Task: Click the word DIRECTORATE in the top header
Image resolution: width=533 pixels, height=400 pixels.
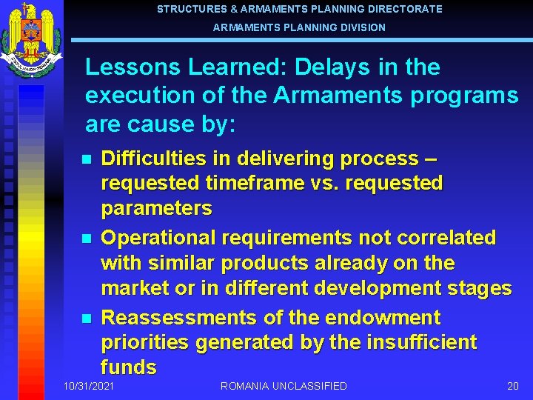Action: click(x=406, y=10)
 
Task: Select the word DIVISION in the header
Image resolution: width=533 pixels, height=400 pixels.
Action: click(x=361, y=27)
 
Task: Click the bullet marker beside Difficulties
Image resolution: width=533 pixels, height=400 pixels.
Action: click(x=87, y=159)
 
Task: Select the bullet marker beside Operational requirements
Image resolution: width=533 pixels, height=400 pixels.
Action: click(x=87, y=239)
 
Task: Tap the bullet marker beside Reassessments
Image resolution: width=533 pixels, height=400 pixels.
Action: click(x=87, y=319)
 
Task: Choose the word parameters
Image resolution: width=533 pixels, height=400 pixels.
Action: click(x=156, y=208)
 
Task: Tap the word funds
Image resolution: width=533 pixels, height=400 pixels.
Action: click(x=128, y=367)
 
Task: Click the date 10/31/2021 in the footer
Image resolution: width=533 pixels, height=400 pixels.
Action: click(x=90, y=386)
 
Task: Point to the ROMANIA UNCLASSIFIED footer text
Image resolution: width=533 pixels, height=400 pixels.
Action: click(x=284, y=386)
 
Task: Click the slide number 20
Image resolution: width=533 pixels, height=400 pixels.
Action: click(x=512, y=386)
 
